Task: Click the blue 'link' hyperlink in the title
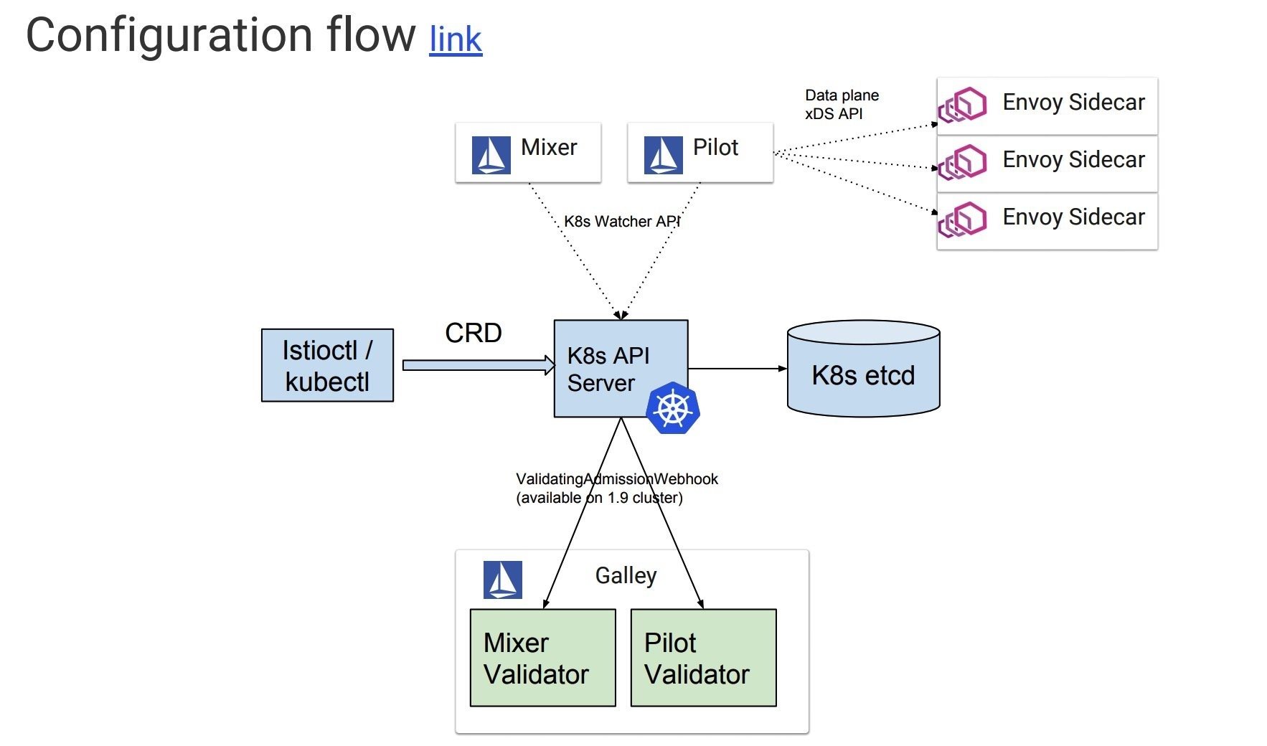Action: click(456, 39)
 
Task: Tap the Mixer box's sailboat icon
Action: click(491, 155)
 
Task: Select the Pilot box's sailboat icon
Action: click(663, 155)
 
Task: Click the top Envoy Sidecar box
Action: click(1047, 105)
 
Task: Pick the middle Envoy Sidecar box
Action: click(1047, 163)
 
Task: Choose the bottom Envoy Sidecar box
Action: click(1047, 220)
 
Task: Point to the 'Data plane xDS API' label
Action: click(842, 105)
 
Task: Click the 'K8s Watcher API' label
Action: click(621, 222)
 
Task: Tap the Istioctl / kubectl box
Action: click(327, 365)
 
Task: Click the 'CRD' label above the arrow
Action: click(474, 333)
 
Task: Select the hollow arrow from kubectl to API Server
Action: click(478, 365)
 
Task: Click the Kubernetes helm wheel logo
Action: click(672, 408)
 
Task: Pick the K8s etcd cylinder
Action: click(863, 369)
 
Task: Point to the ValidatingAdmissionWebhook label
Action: click(616, 488)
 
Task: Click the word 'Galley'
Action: click(626, 575)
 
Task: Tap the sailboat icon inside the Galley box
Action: click(502, 580)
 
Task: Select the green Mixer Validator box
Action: click(542, 658)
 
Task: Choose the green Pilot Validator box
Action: click(703, 658)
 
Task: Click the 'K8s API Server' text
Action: click(608, 369)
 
